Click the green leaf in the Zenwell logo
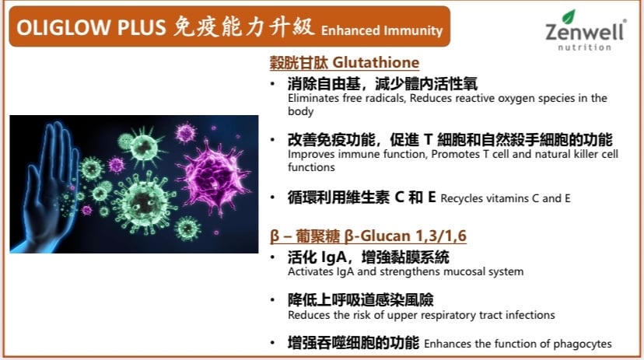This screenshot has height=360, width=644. pos(569,16)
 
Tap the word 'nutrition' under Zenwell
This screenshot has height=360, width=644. pos(584,47)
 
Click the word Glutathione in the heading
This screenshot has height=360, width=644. pos(376,62)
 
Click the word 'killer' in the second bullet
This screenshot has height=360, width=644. pos(572,154)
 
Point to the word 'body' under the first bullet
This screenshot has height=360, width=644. pos(301,112)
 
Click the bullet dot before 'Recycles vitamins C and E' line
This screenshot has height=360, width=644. pos(272,197)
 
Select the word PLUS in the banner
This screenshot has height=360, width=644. pos(142,27)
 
